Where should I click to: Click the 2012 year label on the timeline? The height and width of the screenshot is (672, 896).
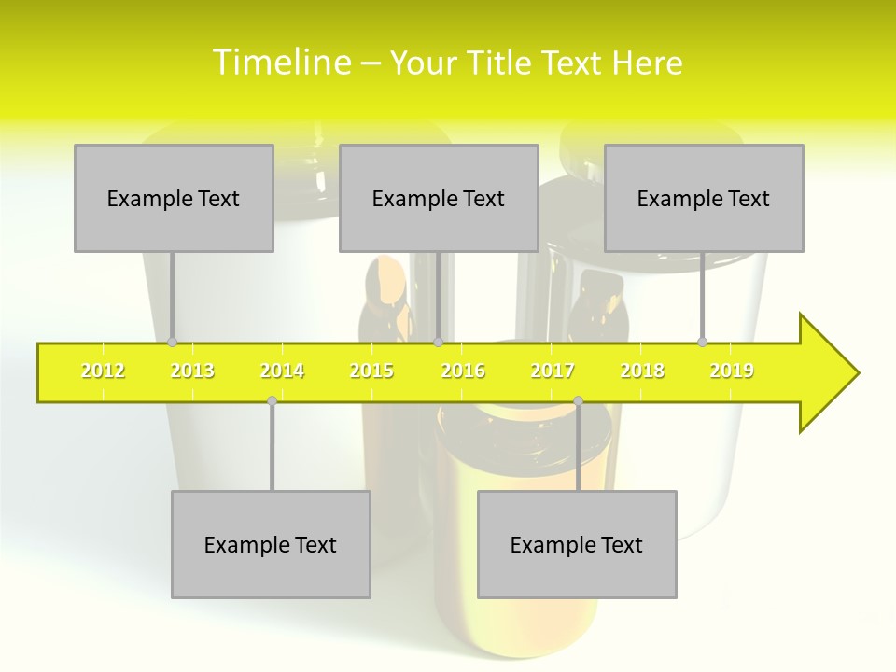(x=103, y=371)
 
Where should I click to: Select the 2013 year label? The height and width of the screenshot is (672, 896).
(x=192, y=371)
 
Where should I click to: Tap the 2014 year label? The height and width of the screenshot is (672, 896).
(x=282, y=371)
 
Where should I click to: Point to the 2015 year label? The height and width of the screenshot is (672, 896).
(x=371, y=371)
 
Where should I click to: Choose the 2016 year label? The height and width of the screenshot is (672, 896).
(x=463, y=371)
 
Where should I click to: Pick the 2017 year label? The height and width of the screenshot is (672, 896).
(x=553, y=371)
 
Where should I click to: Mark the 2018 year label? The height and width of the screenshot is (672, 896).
(x=642, y=371)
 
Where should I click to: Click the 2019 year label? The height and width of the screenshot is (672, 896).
(x=732, y=371)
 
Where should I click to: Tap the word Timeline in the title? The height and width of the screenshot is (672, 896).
(x=281, y=63)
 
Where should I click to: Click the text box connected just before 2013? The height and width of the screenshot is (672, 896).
(x=174, y=198)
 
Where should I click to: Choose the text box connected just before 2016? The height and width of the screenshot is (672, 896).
(x=439, y=198)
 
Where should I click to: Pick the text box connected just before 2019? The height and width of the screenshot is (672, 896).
(x=704, y=198)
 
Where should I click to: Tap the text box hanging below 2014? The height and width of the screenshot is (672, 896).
(x=271, y=544)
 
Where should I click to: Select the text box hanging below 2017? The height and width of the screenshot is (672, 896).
(x=577, y=544)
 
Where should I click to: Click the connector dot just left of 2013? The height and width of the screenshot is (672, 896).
(x=172, y=343)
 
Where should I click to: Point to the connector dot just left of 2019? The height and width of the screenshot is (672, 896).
(x=703, y=342)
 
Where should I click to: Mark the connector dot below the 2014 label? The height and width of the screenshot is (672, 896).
(x=272, y=400)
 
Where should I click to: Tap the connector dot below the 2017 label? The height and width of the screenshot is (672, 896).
(x=578, y=400)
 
